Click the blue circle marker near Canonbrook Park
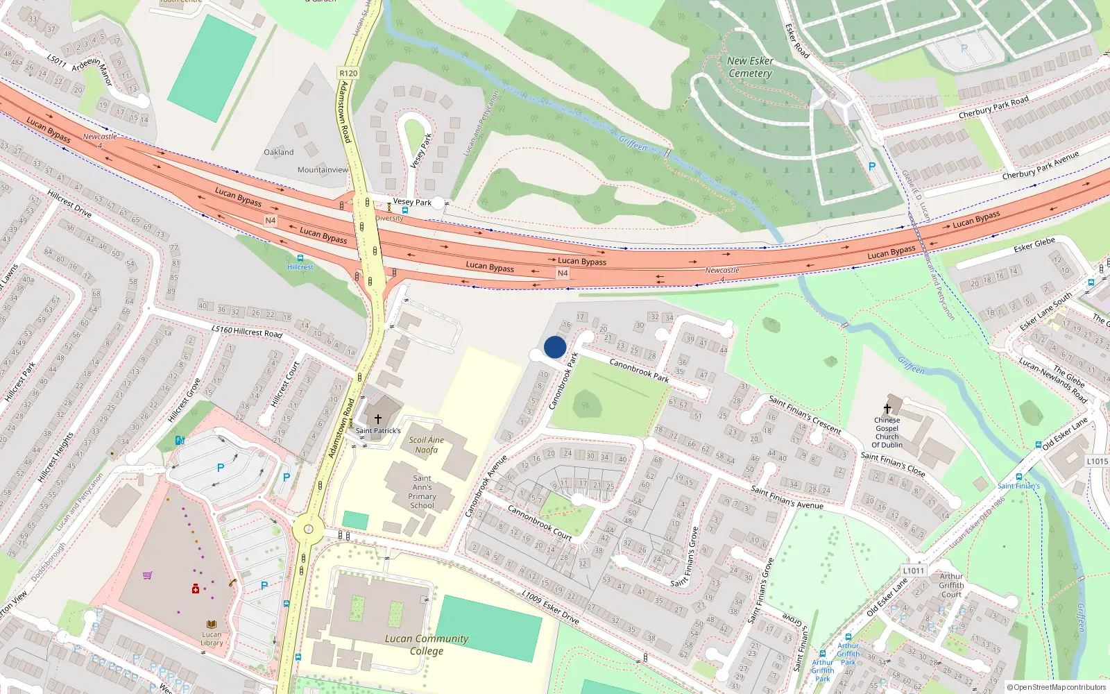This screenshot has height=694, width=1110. pos(555,347)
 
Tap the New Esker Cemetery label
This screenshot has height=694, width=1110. pos(750,67)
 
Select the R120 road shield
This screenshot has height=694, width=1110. pos(348,73)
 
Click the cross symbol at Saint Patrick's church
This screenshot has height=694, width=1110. pos(378,419)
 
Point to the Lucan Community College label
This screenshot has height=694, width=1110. pos(427,645)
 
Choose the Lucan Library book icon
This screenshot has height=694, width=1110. pos(212,625)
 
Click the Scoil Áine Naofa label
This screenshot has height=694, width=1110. pos(426,445)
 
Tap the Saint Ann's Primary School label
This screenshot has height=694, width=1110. pos(422,491)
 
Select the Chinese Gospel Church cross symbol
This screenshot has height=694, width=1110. pos(887,409)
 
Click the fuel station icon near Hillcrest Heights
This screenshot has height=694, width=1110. pos(180,440)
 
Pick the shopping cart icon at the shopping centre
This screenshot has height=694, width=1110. pos(147,575)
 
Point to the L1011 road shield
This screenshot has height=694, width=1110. pos(914,570)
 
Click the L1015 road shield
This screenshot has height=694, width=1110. pos(1098,461)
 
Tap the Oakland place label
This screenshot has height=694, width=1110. pos(279,152)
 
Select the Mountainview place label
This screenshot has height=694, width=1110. pos(323,170)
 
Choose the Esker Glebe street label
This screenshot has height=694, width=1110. pos(1034,244)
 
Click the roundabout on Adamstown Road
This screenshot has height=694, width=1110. pos(307,531)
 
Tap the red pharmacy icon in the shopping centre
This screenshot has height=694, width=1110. pos(196,589)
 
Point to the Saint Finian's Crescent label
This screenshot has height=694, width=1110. pos(805,414)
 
